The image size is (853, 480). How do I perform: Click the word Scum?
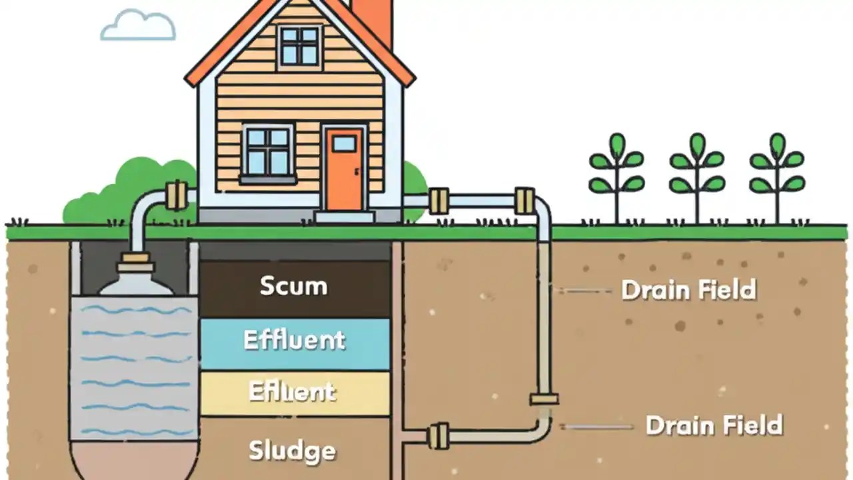click(293, 286)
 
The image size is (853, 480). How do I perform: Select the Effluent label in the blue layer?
click(294, 340)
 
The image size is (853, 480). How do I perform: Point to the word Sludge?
click(292, 451)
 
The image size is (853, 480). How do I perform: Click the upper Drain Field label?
click(688, 290)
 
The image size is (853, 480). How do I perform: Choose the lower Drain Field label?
click(714, 425)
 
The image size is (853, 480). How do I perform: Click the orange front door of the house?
click(344, 169)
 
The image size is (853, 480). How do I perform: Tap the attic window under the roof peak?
click(299, 45)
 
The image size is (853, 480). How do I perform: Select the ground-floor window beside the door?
click(268, 151)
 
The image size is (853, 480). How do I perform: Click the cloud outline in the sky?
click(138, 26)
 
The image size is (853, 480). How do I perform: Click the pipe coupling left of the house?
click(177, 195)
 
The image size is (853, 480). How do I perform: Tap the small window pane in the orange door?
click(344, 143)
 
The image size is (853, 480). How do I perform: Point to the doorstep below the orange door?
click(345, 217)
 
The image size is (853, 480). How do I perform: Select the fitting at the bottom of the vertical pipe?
click(544, 399)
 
